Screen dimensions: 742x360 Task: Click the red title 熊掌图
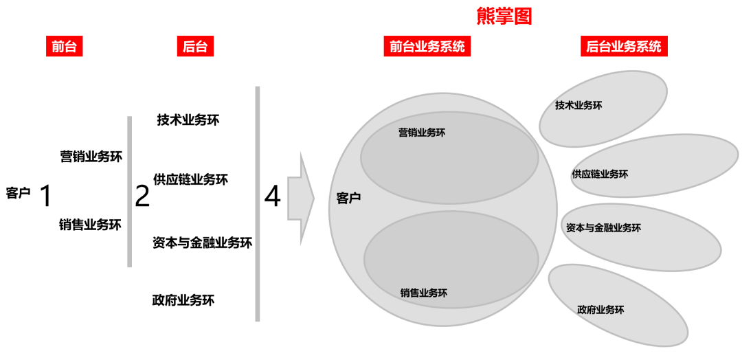click(504, 16)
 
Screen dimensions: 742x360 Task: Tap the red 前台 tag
click(64, 47)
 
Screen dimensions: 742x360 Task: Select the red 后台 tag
click(194, 47)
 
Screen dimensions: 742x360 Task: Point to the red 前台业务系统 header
click(427, 47)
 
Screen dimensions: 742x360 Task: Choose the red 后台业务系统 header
click(623, 47)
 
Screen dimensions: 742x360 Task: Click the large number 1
click(46, 196)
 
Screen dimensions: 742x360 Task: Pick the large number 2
click(142, 196)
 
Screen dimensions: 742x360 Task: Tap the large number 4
click(273, 197)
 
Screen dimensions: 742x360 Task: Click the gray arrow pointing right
click(301, 199)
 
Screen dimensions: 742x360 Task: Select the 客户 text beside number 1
click(18, 194)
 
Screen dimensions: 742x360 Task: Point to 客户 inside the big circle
click(348, 199)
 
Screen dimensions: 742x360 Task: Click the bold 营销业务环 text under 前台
click(91, 157)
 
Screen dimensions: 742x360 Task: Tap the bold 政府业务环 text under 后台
click(183, 300)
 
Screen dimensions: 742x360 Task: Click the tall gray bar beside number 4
click(258, 203)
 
